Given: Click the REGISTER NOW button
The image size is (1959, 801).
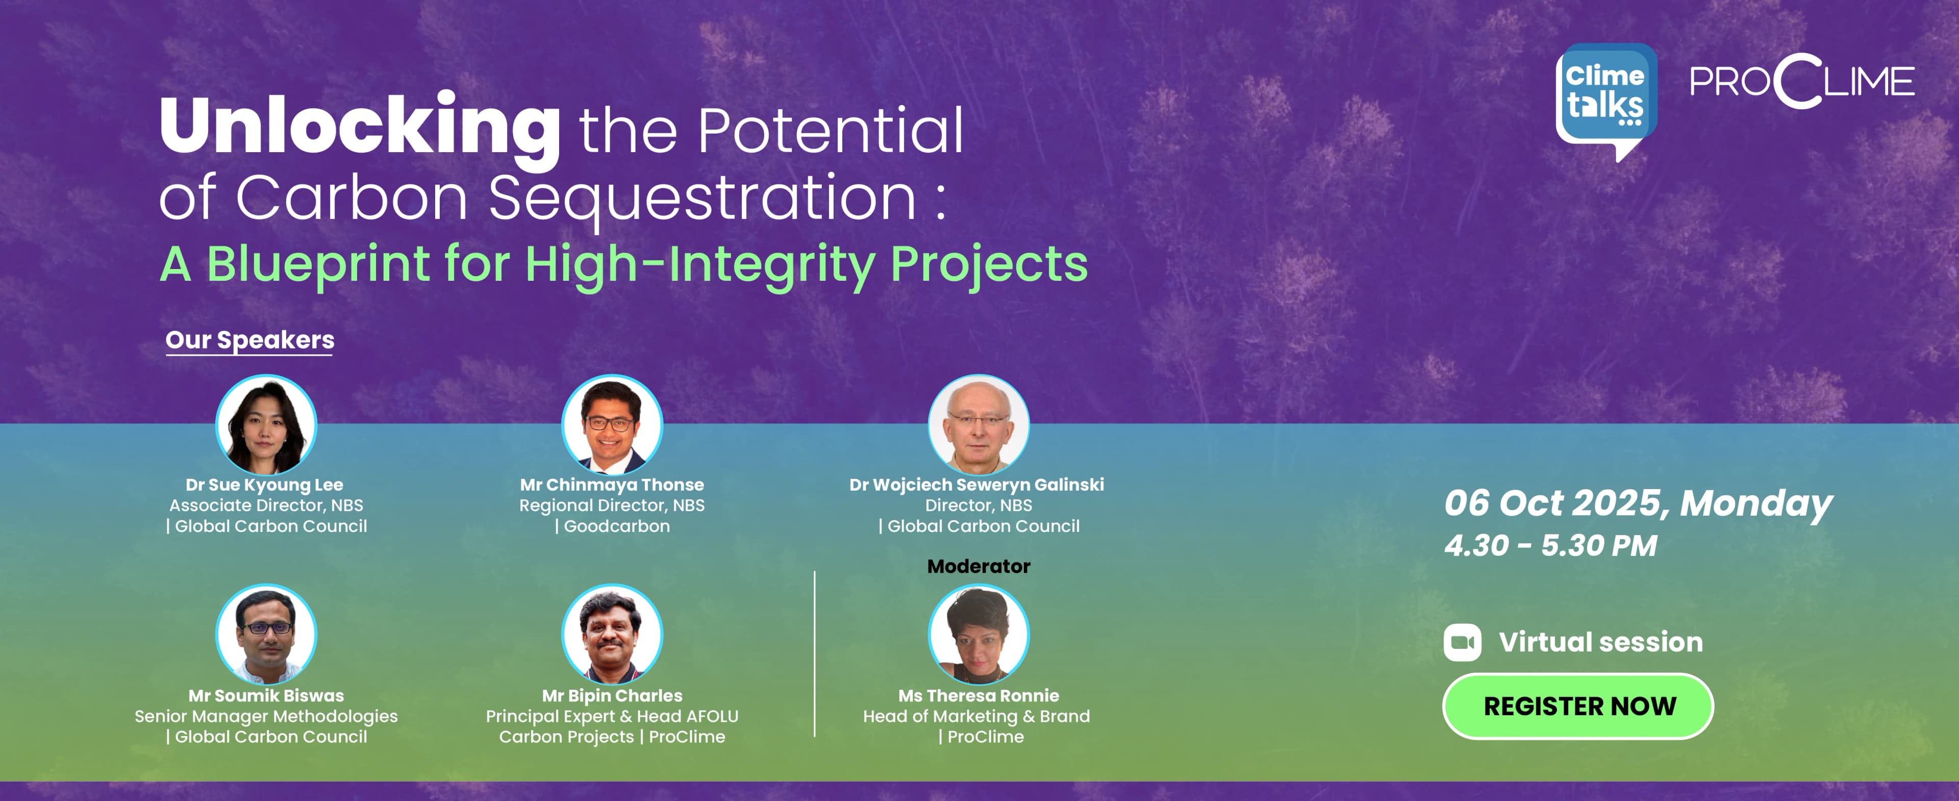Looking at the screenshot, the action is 1577,706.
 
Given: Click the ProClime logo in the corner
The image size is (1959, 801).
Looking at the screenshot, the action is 1801,81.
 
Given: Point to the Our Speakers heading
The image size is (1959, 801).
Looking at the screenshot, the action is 249,339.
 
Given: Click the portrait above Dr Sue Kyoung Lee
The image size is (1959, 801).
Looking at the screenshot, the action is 266,424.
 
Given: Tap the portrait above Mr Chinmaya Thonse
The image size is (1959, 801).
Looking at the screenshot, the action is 612,424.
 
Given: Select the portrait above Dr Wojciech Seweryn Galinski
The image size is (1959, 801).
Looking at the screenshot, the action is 979,424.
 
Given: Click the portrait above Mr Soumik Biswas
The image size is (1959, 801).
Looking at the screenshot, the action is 266,635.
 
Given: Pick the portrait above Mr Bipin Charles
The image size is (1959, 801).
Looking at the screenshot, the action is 612,635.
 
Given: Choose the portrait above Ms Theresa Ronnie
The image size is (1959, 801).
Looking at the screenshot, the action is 979,635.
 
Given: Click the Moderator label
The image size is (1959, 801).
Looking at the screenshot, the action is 979,566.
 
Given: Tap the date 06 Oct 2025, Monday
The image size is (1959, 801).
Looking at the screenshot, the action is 1638,503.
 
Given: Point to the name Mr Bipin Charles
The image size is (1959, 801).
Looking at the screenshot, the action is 612,695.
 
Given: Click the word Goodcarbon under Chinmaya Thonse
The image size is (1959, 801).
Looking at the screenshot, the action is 617,526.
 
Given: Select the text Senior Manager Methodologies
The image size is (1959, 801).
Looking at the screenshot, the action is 266,717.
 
